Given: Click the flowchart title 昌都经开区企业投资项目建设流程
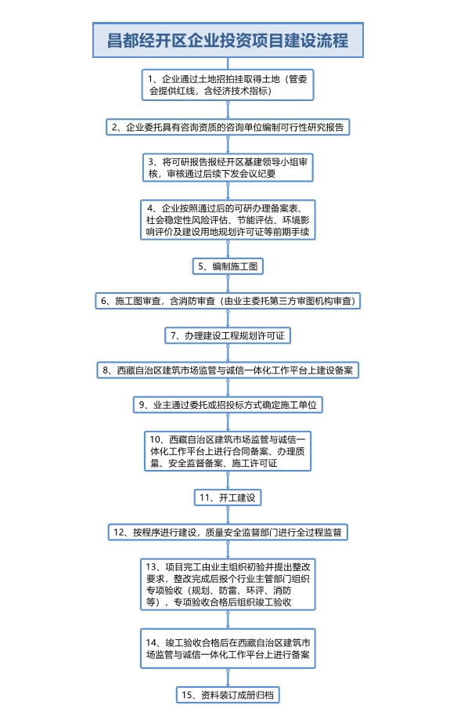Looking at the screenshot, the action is pyautogui.click(x=228, y=40).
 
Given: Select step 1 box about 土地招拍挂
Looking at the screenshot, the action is pyautogui.click(x=228, y=85).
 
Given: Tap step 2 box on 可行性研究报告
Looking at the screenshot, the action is pyautogui.click(x=228, y=127).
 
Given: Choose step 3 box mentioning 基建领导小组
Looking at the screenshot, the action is pyautogui.click(x=228, y=168).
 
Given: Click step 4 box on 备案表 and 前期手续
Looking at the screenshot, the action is pyautogui.click(x=228, y=220).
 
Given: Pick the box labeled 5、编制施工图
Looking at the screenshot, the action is pyautogui.click(x=228, y=266).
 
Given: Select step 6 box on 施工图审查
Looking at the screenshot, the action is pyautogui.click(x=228, y=301).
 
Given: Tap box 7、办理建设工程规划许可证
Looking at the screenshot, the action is pyautogui.click(x=228, y=336).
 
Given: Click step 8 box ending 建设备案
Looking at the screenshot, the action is pyautogui.click(x=228, y=371).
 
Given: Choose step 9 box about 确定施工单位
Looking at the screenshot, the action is pyautogui.click(x=228, y=405).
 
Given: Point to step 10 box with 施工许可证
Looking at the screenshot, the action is pyautogui.click(x=228, y=451).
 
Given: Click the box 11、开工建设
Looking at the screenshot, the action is pyautogui.click(x=228, y=497).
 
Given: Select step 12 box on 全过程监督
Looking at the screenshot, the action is pyautogui.click(x=228, y=532).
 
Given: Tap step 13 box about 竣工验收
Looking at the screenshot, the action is pyautogui.click(x=228, y=584).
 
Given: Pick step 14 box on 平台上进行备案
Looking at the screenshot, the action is pyautogui.click(x=228, y=649).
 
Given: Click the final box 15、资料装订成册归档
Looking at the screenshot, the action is pyautogui.click(x=228, y=695).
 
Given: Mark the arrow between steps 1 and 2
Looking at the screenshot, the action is pyautogui.click(x=228, y=110).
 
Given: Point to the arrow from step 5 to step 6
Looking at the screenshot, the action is pyautogui.click(x=228, y=284).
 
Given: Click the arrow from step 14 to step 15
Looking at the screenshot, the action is pyautogui.click(x=228, y=678).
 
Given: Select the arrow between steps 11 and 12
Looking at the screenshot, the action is pyautogui.click(x=228, y=515).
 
